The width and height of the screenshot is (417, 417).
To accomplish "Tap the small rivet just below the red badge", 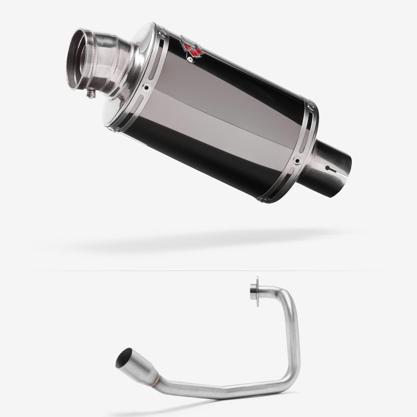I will coord(190,60).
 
